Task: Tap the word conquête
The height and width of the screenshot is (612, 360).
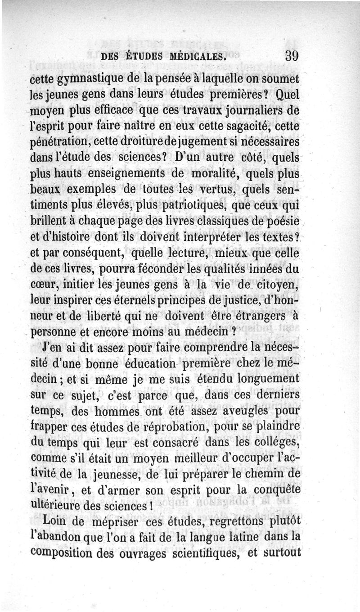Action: pos(275,489)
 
